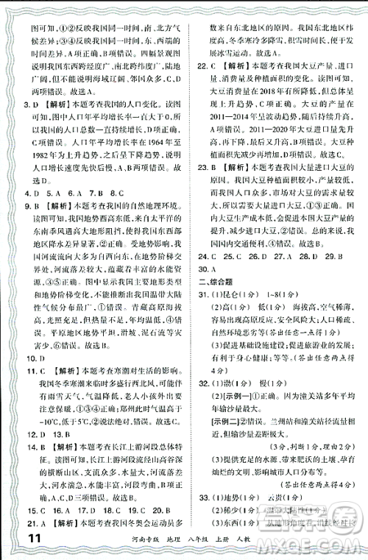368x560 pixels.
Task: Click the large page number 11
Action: [23, 539]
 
